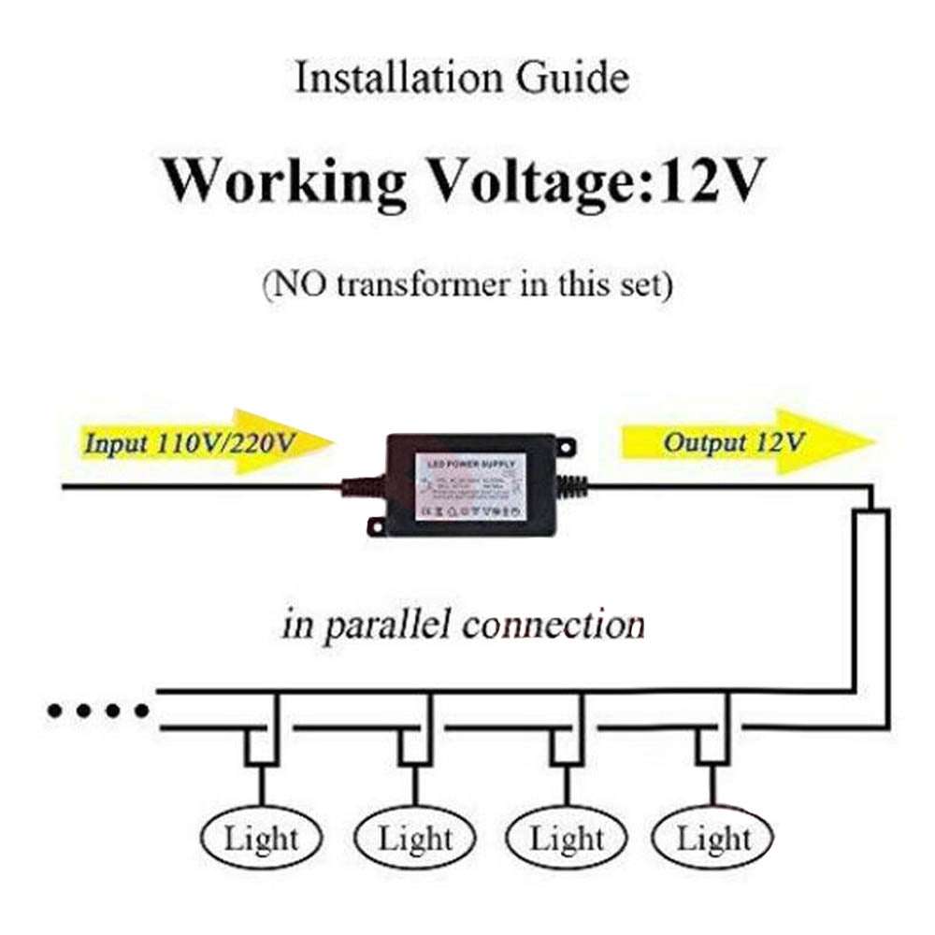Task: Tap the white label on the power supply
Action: [470, 486]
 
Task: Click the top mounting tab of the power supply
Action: [565, 447]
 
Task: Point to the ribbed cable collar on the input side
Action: [360, 487]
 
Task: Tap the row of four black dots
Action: [98, 712]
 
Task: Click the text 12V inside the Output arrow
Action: [784, 441]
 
